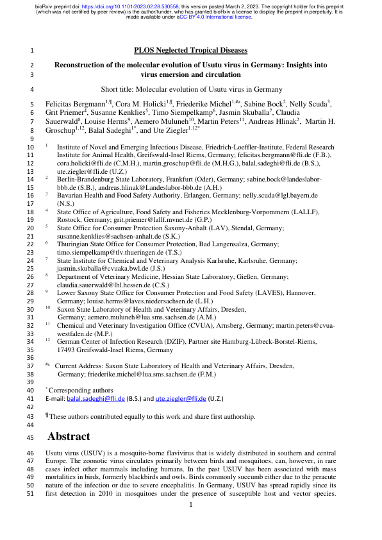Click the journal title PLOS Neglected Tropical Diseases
(x=190, y=50)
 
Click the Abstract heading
(x=69, y=437)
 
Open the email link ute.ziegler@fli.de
(x=183, y=398)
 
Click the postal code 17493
(x=68, y=350)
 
